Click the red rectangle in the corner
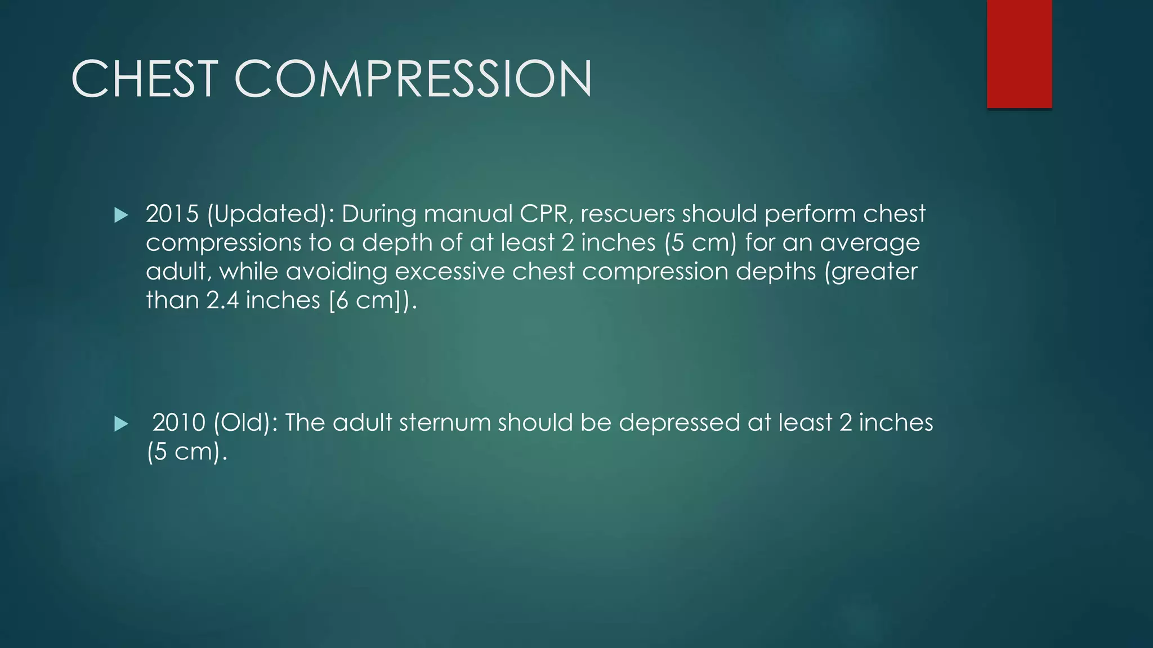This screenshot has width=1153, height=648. click(1019, 54)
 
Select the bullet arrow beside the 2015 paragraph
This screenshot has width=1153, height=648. click(121, 215)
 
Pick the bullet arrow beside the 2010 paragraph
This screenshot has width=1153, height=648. click(121, 424)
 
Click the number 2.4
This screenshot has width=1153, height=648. click(222, 300)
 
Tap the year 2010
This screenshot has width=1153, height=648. click(179, 423)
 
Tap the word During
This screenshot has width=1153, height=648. click(378, 214)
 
